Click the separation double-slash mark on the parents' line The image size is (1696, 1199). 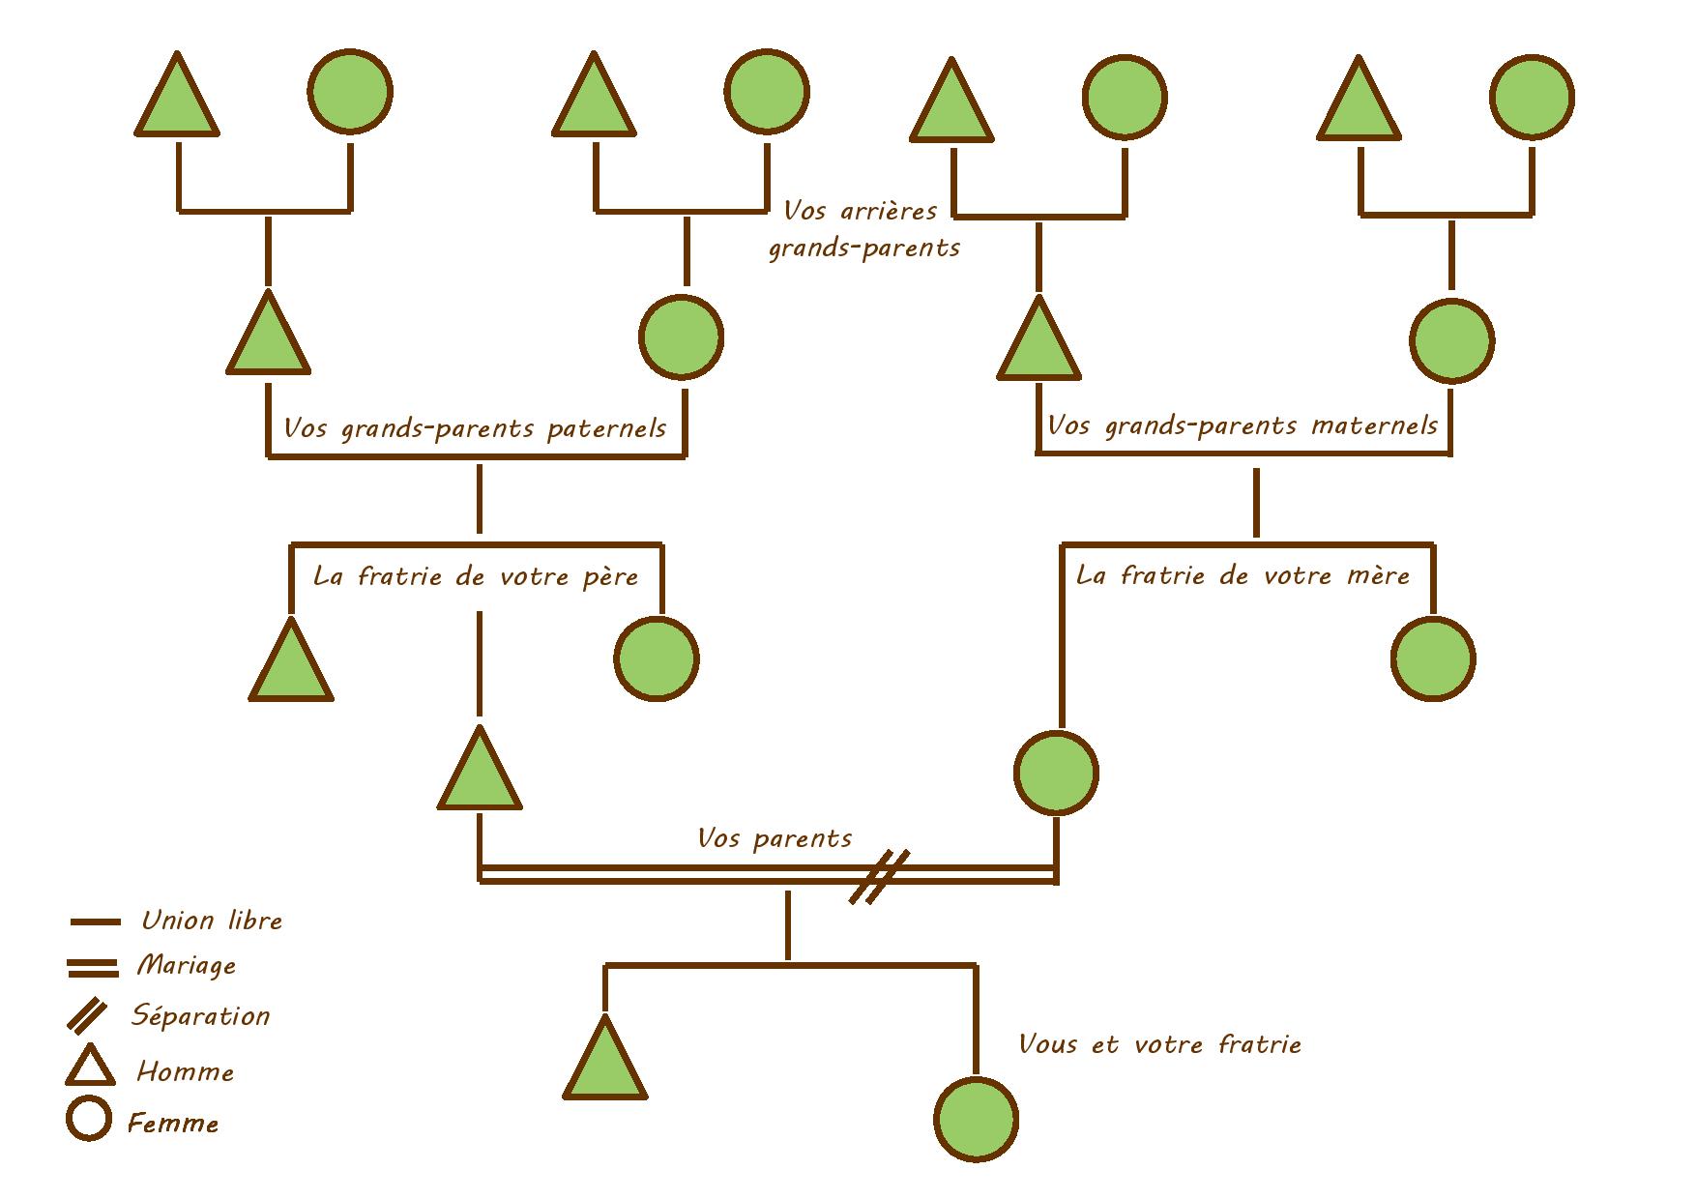[880, 877]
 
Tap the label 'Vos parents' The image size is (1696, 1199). [775, 838]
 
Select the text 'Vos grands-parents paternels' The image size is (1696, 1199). [475, 428]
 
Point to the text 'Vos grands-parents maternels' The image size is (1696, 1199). [1243, 425]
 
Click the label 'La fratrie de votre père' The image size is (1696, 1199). [476, 577]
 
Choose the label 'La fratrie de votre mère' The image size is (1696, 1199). [1243, 576]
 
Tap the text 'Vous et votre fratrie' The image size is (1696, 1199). [1159, 1044]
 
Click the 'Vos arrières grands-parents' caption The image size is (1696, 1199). [863, 229]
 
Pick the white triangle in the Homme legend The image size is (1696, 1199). [91, 1067]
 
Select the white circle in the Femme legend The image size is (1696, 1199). [89, 1119]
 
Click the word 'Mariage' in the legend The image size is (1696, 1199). [187, 965]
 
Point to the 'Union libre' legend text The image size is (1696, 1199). [212, 921]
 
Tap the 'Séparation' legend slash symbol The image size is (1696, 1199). [87, 1015]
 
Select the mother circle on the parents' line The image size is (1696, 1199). [1056, 773]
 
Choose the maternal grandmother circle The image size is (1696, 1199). [1451, 341]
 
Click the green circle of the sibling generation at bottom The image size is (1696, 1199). [976, 1119]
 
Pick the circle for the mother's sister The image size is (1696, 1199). [1433, 658]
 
